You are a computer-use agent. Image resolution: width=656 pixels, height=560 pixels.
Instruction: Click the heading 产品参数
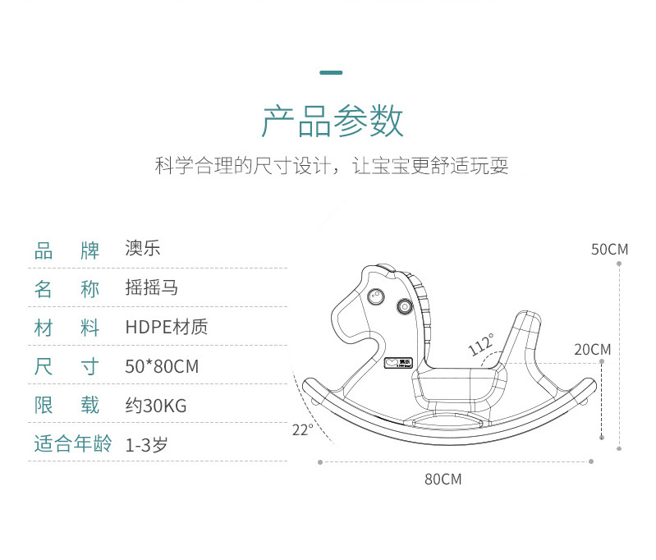click(332, 122)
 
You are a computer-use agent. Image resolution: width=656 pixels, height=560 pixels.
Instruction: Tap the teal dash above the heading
click(331, 73)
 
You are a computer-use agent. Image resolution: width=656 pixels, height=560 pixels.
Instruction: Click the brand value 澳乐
click(143, 249)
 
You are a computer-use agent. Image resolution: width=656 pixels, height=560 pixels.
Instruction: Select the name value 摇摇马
click(152, 288)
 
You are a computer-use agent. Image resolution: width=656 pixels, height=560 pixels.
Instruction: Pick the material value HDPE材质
click(167, 327)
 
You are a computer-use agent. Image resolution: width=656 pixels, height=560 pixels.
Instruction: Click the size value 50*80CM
click(162, 366)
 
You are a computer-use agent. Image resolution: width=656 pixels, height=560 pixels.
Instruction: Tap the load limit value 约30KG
click(156, 406)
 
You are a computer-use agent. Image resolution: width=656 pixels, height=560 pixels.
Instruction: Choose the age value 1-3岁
click(147, 445)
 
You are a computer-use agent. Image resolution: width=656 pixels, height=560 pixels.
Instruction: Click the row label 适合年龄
click(67, 444)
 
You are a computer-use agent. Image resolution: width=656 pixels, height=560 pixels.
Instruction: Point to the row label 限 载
click(67, 406)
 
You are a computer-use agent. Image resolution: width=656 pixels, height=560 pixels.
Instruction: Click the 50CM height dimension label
click(609, 249)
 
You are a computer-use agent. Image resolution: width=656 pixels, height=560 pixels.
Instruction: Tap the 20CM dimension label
click(592, 350)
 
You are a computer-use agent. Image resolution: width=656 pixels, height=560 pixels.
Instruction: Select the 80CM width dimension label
click(443, 480)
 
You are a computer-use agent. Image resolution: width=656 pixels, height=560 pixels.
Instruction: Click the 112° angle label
click(482, 344)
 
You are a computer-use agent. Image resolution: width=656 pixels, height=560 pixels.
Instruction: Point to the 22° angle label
click(302, 429)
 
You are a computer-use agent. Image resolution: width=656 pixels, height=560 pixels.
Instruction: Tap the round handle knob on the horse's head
click(403, 306)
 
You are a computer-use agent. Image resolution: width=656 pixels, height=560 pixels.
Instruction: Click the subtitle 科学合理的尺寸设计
click(246, 166)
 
